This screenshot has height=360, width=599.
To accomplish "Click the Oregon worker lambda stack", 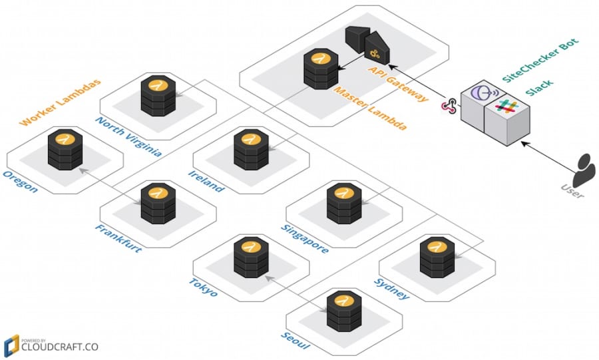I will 65,152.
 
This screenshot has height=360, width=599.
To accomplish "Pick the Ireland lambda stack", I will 252,151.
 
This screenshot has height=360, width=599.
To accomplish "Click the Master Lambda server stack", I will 318,69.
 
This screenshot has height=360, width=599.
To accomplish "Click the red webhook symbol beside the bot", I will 450,106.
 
